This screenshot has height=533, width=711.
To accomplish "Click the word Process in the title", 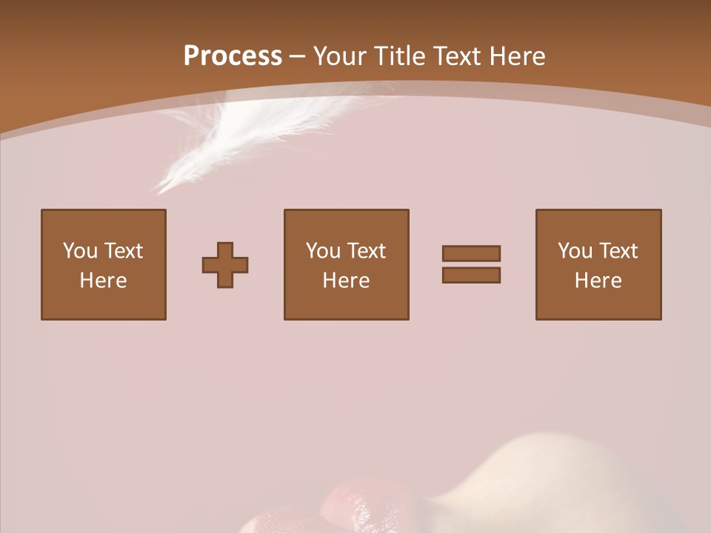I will pos(233,56).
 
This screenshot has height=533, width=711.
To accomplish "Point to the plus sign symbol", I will pos(225,265).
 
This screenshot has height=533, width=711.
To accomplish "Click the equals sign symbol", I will pos(471,264).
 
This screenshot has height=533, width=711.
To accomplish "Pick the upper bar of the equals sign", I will pos(471,253).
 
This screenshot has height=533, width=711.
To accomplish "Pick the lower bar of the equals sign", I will pos(471,275).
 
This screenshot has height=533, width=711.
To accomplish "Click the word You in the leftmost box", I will pos(80,251).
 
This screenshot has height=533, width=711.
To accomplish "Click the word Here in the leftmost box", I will pos(104,281).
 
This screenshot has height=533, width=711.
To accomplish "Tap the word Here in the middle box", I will pos(347,281).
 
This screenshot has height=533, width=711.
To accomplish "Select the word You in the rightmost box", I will pos(575,251).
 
